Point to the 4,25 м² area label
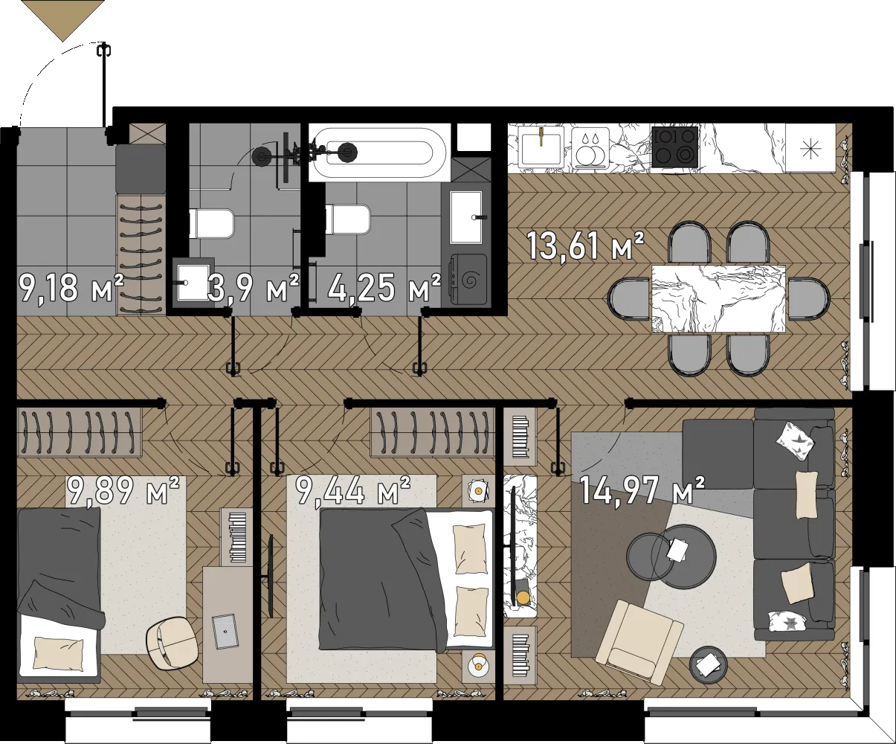pyautogui.click(x=384, y=287)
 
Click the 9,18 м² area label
pyautogui.click(x=71, y=287)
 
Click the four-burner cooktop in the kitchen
pyautogui.click(x=675, y=147)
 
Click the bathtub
pyautogui.click(x=379, y=153)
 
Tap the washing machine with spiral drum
pyautogui.click(x=469, y=280)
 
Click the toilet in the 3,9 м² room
pyautogui.click(x=212, y=222)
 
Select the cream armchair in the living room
pyautogui.click(x=639, y=641)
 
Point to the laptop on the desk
pyautogui.click(x=225, y=630)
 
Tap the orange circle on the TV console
pyautogui.click(x=523, y=597)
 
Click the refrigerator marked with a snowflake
pyautogui.click(x=810, y=148)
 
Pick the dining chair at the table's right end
pyautogui.click(x=808, y=299)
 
